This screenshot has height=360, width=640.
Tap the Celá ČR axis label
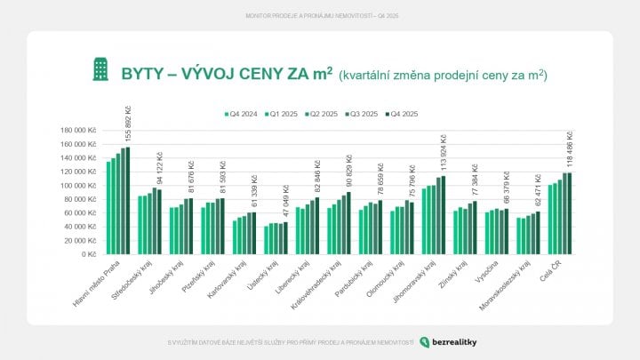pyautogui.click(x=552, y=271)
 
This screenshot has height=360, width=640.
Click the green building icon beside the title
pyautogui.click(x=101, y=69)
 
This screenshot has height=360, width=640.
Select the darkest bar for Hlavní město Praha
pyautogui.click(x=127, y=201)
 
